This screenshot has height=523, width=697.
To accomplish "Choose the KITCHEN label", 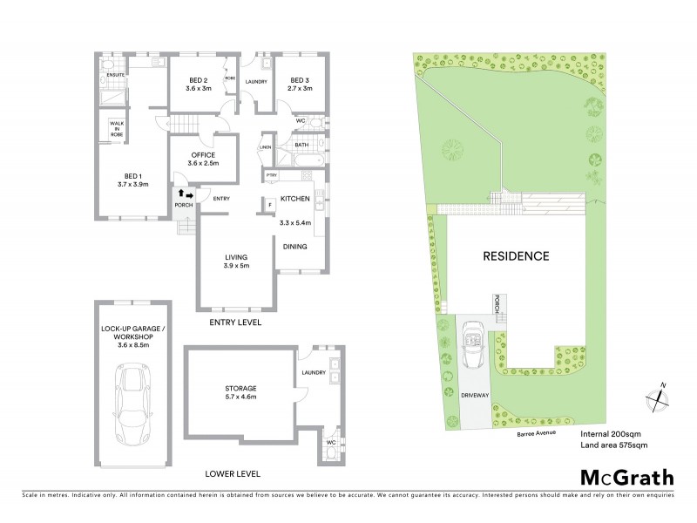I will (x=294, y=200).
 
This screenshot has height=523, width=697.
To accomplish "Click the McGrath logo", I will (x=626, y=477).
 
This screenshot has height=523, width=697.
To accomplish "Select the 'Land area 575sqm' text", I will (x=613, y=445).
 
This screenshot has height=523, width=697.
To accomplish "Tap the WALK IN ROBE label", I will (x=116, y=130).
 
